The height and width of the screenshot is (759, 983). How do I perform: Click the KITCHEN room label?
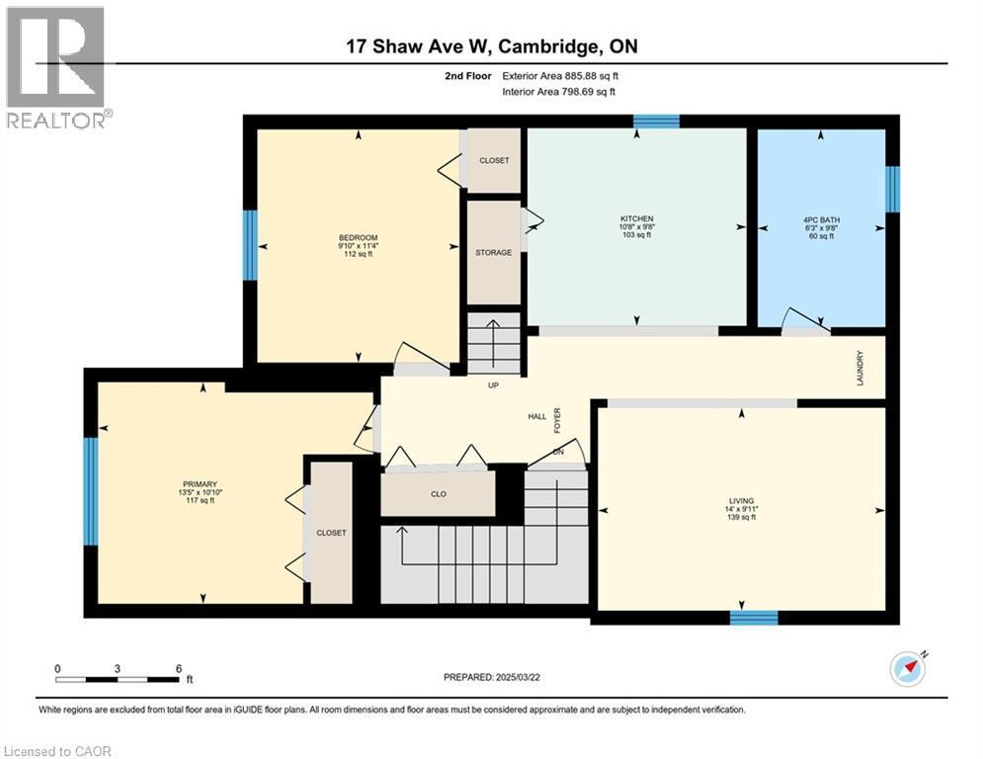tap(636, 218)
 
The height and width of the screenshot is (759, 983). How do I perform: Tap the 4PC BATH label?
tap(820, 218)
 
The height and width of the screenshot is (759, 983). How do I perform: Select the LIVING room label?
tap(741, 500)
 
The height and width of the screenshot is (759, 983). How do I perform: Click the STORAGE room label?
tap(493, 252)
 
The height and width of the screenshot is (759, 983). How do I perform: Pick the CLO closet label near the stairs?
tap(438, 494)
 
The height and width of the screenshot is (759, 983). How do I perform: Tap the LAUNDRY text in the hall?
tap(860, 368)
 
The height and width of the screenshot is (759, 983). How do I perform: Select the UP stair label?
tap(493, 385)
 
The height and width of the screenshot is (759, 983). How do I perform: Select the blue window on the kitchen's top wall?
tap(656, 122)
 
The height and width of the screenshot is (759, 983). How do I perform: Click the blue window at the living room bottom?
tap(753, 618)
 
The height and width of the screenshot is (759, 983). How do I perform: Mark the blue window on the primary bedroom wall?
tap(91, 491)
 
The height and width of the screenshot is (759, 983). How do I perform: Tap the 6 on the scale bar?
tap(178, 668)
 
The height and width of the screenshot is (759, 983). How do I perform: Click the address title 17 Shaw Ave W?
tap(416, 45)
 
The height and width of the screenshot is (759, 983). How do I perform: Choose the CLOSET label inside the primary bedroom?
tap(331, 533)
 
